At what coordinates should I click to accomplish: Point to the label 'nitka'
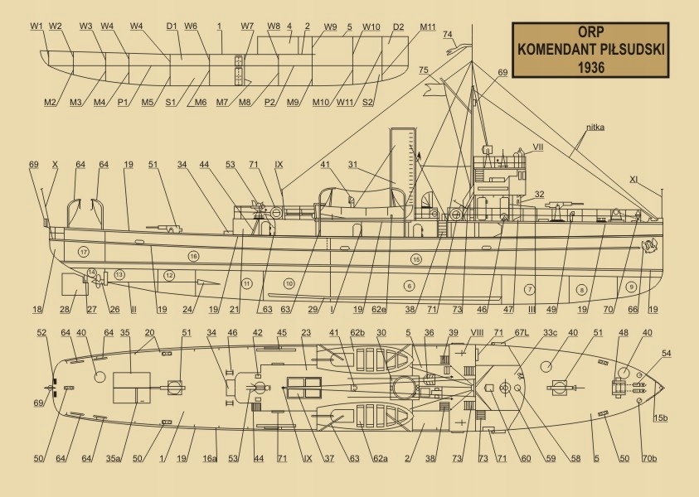point(595,129)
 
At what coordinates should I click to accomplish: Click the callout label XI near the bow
point(657,179)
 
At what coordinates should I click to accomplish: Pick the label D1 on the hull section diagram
point(172,27)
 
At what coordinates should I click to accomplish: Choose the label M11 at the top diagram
point(428,27)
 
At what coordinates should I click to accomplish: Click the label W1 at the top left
point(36,27)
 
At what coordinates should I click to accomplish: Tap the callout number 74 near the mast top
point(448,34)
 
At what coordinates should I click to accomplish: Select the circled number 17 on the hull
point(83,251)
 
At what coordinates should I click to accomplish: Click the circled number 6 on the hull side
point(409,286)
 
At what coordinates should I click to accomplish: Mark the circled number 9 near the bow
point(631,287)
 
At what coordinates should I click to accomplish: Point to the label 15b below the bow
point(661,417)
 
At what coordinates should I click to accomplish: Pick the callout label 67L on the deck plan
point(522,333)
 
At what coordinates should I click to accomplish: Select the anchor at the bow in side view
point(649,245)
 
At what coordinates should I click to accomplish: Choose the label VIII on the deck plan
point(477,333)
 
